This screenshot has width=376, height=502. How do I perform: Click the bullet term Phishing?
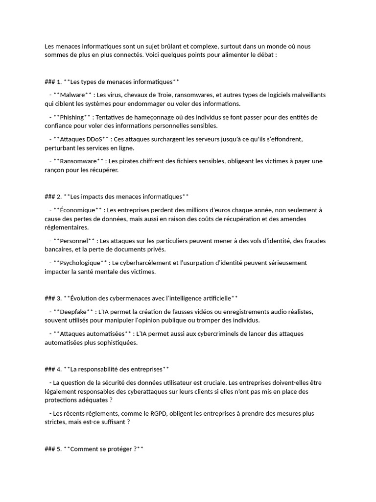click(72, 117)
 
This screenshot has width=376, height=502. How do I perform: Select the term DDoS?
click(93, 139)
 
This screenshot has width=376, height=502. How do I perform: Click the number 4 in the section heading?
click(59, 369)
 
